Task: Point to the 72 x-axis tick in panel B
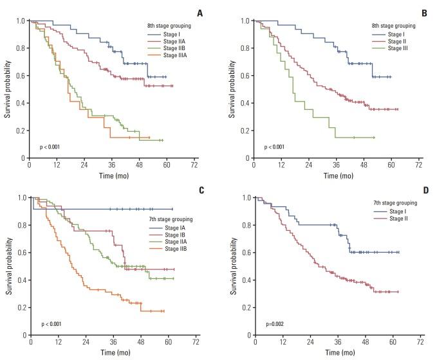pos(418,165)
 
